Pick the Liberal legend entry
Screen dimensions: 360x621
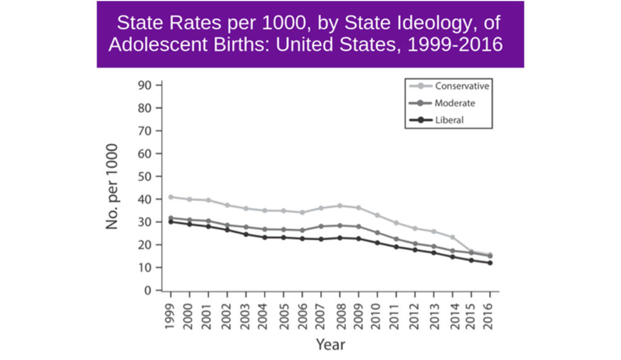[x=449, y=120]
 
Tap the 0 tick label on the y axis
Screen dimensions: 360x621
[x=146, y=290]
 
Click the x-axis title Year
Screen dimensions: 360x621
[x=331, y=344]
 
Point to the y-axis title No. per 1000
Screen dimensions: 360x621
[x=113, y=187]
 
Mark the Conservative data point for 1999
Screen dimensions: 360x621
[x=170, y=197]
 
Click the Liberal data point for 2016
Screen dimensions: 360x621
[x=489, y=263]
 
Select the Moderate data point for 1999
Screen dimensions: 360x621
[x=170, y=218]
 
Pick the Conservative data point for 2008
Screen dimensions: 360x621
[x=340, y=205]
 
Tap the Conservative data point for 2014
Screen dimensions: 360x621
[x=452, y=237]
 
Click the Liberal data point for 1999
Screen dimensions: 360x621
[x=170, y=221]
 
